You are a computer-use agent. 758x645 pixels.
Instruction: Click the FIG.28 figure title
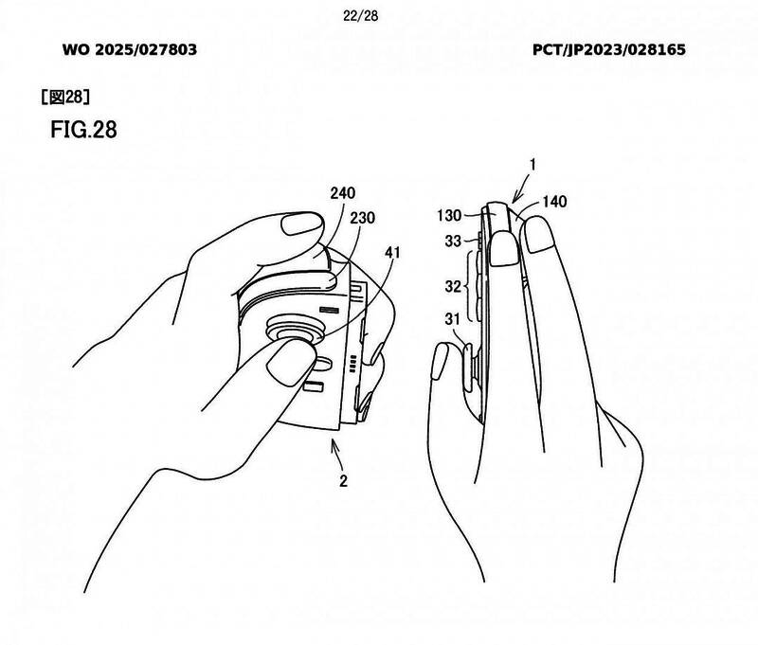(82, 130)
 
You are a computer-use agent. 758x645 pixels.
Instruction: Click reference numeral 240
(343, 193)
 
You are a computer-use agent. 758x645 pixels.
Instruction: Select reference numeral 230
(363, 218)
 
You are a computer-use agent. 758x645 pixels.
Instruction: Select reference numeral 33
(454, 241)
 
